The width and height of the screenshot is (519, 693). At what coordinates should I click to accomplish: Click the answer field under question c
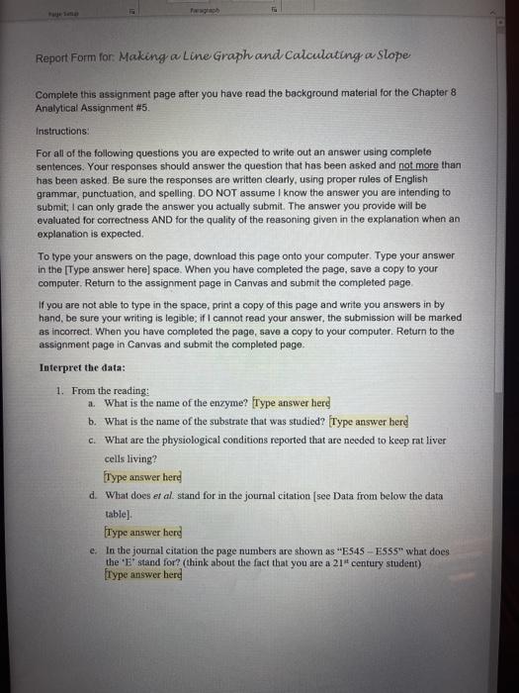pyautogui.click(x=143, y=478)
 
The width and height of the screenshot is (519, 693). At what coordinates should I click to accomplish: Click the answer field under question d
pyautogui.click(x=143, y=534)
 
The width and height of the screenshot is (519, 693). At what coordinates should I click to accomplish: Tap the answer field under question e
pyautogui.click(x=143, y=574)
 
